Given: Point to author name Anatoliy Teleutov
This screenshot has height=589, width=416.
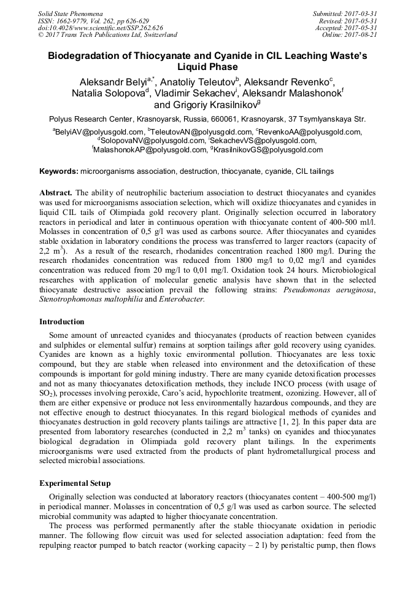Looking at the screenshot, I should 190,82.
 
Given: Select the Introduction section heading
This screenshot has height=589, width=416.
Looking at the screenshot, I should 62,321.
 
